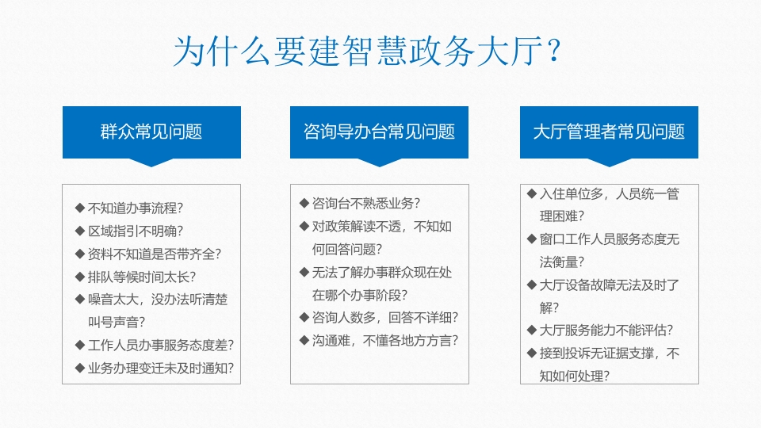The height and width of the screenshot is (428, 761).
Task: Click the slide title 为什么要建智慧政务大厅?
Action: [367, 51]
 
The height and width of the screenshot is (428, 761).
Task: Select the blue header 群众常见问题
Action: [151, 132]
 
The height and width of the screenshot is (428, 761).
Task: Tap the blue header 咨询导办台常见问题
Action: [379, 132]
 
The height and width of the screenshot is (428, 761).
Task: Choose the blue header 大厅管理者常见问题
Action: [609, 132]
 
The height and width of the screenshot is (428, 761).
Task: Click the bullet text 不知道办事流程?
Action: [136, 208]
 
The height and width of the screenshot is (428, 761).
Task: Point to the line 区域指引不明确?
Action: [136, 231]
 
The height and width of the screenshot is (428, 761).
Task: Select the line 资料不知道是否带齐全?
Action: [155, 254]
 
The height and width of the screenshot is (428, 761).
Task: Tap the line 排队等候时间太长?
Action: [142, 277]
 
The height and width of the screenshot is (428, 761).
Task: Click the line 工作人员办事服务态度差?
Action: [161, 345]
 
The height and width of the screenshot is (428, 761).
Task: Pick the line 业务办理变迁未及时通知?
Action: [161, 369]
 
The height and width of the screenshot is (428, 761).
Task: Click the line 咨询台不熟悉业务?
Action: [366, 204]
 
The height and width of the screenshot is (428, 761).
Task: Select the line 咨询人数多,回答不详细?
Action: [385, 317]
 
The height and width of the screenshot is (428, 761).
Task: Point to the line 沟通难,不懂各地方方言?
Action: [385, 341]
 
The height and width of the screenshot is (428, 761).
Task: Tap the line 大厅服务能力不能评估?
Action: [606, 330]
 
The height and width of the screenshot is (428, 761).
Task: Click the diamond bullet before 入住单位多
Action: [531, 193]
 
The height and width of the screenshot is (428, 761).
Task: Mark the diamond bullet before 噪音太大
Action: [80, 299]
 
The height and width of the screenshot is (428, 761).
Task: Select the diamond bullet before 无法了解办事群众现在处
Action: [304, 272]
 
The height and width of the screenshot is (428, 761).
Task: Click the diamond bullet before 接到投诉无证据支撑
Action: [531, 353]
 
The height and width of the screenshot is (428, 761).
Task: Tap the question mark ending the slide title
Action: [554, 51]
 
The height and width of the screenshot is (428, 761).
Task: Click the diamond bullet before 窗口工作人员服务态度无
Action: [531, 239]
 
